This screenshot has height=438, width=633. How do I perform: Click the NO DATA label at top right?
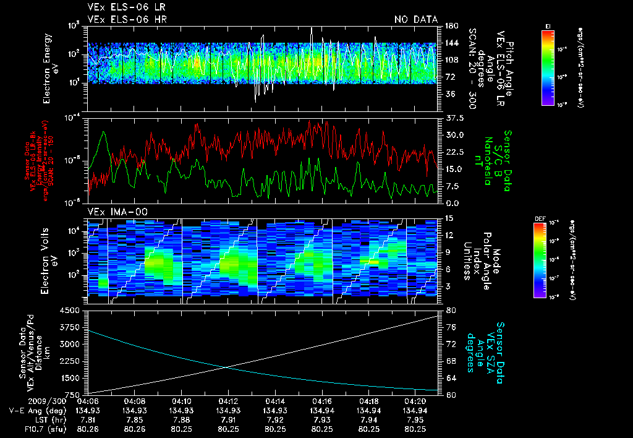click(x=416, y=19)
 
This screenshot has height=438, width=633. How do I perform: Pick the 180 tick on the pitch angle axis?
click(x=450, y=26)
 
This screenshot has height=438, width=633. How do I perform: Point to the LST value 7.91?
click(x=228, y=419)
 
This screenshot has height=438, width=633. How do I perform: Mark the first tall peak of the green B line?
click(x=104, y=131)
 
